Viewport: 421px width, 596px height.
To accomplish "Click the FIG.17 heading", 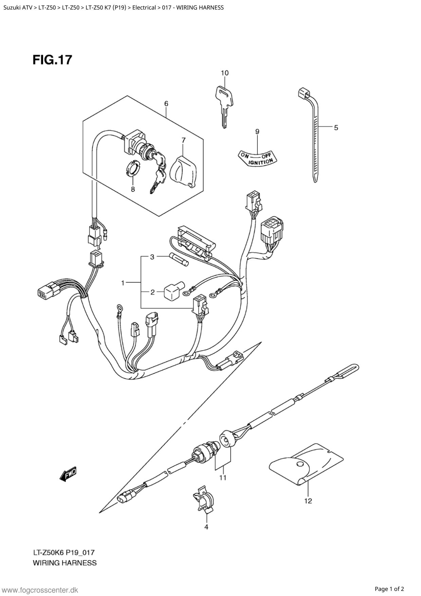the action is [53, 60].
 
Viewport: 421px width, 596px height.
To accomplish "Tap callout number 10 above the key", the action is [224, 73].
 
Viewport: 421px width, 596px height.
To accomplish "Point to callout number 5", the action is [336, 128].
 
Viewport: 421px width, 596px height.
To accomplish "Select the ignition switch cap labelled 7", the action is [182, 170].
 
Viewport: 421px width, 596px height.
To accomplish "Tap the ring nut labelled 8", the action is [133, 168].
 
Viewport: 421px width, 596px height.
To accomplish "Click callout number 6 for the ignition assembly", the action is [166, 103].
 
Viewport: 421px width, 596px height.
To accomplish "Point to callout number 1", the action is [123, 283].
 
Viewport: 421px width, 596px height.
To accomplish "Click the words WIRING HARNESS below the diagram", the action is [65, 563].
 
